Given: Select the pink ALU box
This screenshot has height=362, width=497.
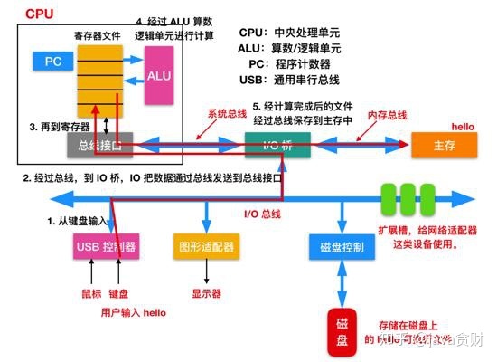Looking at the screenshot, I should point(159,76).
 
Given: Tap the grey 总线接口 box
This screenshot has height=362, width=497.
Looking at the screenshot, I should point(100,143).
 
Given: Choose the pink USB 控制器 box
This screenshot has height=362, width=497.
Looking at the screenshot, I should point(106,245).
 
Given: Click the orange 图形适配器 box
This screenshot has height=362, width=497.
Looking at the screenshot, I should point(204,245).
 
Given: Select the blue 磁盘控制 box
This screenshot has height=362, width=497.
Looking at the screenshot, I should point(342,245).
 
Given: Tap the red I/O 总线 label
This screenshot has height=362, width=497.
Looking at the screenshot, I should point(264,214).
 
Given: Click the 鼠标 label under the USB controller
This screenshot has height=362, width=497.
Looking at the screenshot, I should point(87,293).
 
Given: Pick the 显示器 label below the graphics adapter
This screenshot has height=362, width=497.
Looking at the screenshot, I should point(205,293).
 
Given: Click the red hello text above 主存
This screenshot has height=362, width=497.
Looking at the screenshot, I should point(463,126).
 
